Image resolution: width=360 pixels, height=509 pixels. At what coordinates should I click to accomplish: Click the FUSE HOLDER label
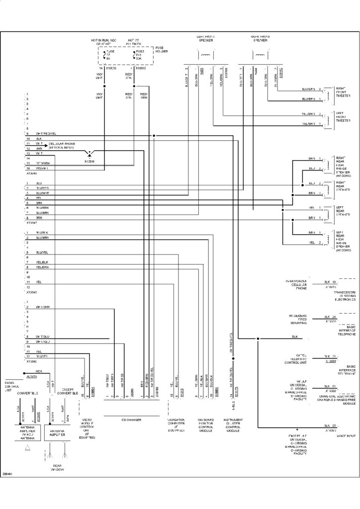[x=162, y=50]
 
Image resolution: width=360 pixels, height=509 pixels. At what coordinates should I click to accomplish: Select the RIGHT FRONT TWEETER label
[x=343, y=92]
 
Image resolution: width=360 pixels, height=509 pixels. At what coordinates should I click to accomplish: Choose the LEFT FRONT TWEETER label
[x=343, y=118]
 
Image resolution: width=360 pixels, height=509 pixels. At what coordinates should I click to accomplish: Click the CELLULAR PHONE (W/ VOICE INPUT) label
[x=62, y=146]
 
